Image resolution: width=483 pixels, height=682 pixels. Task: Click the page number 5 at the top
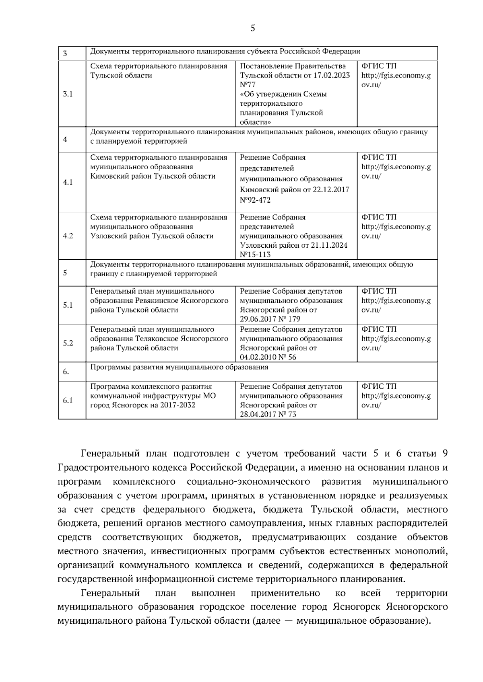point(253,28)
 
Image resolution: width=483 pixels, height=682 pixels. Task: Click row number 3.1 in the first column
point(68,94)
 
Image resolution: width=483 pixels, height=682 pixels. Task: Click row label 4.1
point(68,182)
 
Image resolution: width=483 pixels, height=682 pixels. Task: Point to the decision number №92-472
point(255,200)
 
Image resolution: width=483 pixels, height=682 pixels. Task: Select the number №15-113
point(255,255)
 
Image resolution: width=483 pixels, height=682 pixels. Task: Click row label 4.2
point(68,236)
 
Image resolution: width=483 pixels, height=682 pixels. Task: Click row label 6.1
point(68,400)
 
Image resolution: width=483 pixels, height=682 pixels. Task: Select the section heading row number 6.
point(66,372)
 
